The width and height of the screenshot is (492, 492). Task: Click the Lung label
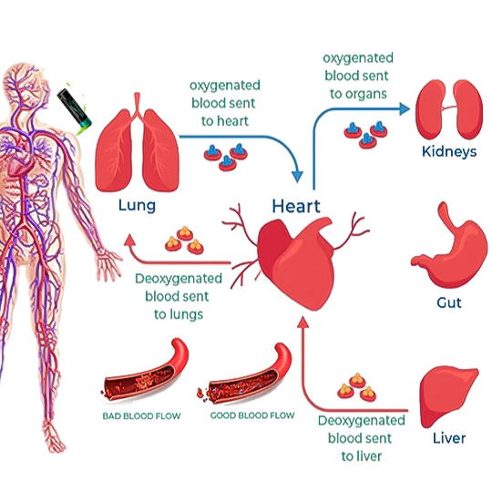pyautogui.click(x=137, y=206)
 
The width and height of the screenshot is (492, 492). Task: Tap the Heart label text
pyautogui.click(x=296, y=207)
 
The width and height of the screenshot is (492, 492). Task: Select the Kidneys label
pyautogui.click(x=449, y=152)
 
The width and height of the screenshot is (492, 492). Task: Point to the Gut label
pyautogui.click(x=449, y=302)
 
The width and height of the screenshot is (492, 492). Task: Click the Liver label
pyautogui.click(x=449, y=438)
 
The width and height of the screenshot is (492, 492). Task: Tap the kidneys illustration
pyautogui.click(x=449, y=109)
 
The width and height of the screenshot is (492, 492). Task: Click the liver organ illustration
pyautogui.click(x=447, y=396)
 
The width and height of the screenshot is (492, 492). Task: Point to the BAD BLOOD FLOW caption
pyautogui.click(x=141, y=416)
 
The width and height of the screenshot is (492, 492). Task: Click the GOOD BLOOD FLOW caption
pyautogui.click(x=252, y=415)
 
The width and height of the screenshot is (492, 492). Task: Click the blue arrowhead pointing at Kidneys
pyautogui.click(x=405, y=109)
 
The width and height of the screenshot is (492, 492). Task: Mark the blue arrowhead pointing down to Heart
pyautogui.click(x=297, y=177)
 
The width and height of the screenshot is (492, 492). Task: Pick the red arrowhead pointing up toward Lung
pyautogui.click(x=129, y=240)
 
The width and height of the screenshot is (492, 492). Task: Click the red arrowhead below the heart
pyautogui.click(x=302, y=322)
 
